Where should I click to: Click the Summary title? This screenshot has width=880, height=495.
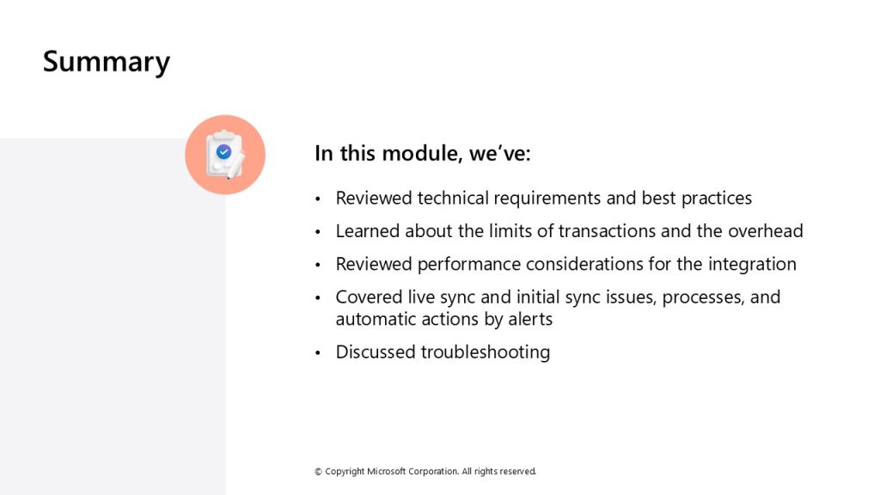pyautogui.click(x=106, y=62)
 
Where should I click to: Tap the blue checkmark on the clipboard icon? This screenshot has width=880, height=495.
pyautogui.click(x=224, y=151)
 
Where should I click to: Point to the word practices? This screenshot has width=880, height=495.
pyautogui.click(x=716, y=199)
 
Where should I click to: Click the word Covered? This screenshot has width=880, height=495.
pyautogui.click(x=369, y=296)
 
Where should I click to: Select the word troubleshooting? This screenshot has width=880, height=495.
pyautogui.click(x=486, y=352)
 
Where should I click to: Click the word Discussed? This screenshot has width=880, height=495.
pyautogui.click(x=376, y=351)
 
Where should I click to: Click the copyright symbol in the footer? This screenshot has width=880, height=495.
pyautogui.click(x=318, y=472)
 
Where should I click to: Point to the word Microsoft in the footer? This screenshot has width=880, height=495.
pyautogui.click(x=386, y=472)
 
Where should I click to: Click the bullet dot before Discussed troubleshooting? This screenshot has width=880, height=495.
pyautogui.click(x=318, y=353)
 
